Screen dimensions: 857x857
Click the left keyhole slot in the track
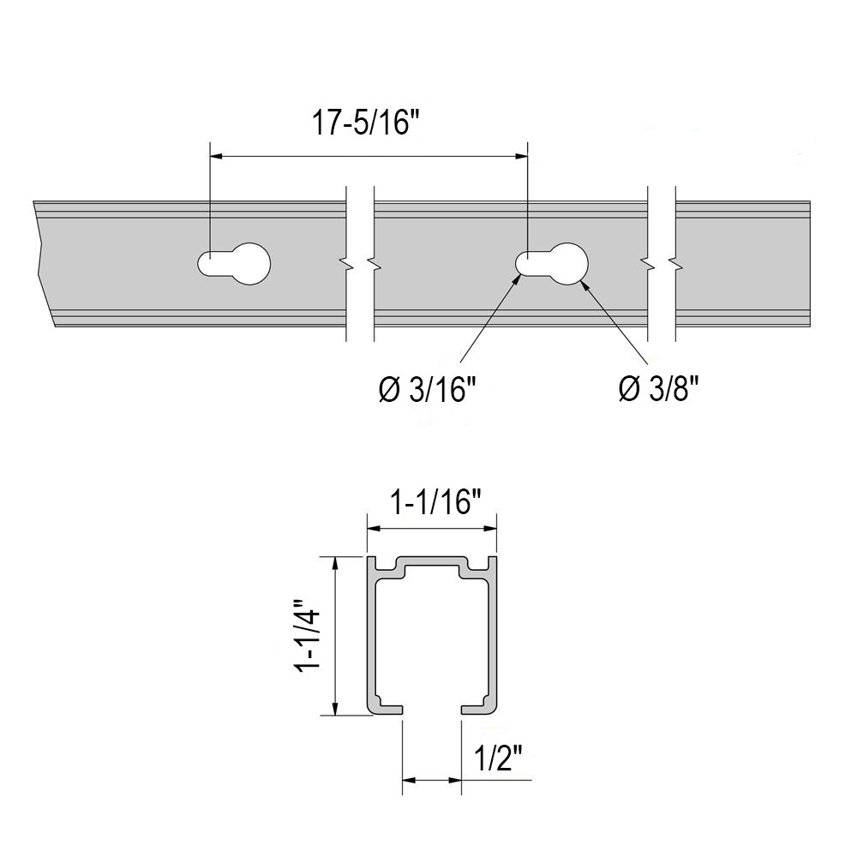click(235, 263)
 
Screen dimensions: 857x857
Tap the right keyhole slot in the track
click(553, 263)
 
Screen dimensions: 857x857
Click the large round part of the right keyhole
click(566, 263)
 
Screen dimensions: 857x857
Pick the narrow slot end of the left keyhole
click(209, 263)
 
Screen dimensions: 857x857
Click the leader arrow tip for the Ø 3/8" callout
click(581, 281)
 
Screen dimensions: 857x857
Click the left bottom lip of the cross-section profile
click(387, 708)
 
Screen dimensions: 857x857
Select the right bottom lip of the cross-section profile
click(478, 708)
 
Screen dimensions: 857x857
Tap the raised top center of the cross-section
click(433, 566)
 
